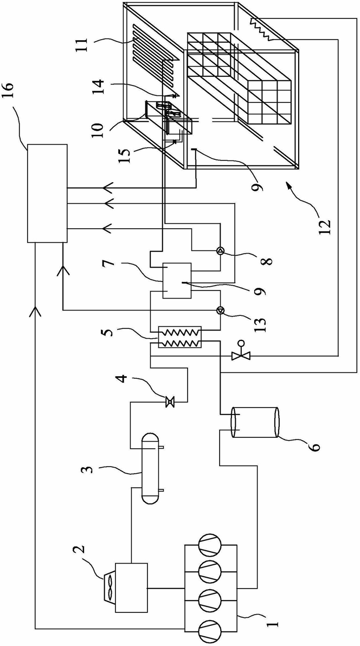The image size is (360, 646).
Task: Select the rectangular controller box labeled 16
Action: pyautogui.click(x=48, y=193)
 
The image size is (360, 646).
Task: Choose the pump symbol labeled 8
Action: pyautogui.click(x=221, y=251)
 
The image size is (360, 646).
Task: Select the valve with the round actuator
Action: pyautogui.click(x=238, y=353)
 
